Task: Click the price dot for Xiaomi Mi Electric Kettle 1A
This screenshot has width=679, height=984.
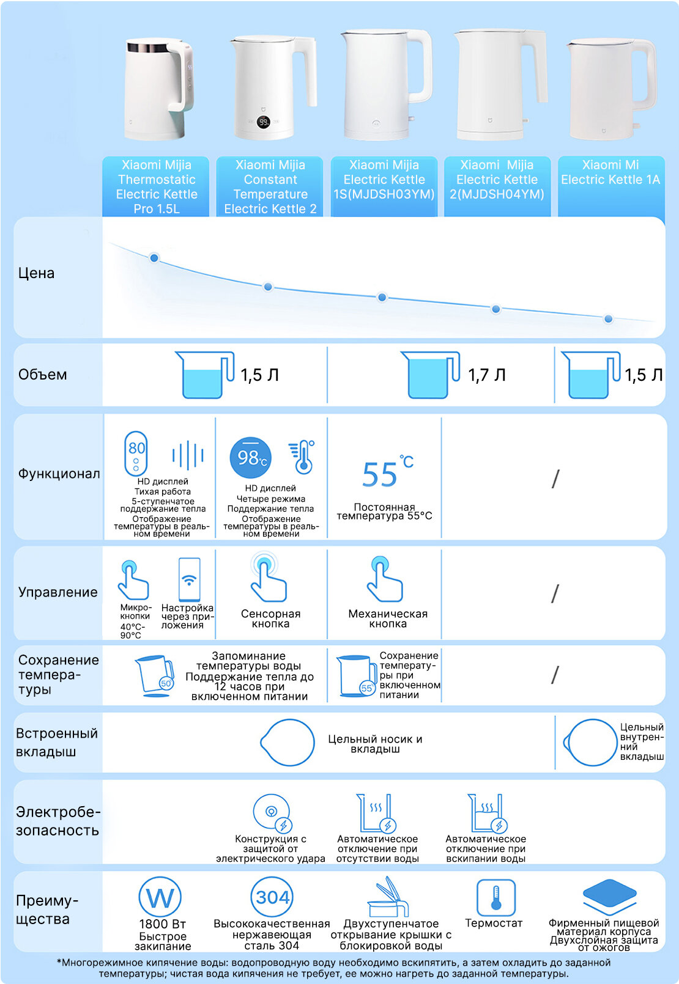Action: point(608,318)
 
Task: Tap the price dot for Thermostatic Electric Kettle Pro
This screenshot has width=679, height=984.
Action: point(154,258)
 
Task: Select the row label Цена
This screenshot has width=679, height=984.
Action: point(36,273)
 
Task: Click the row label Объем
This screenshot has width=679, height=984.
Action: point(42,375)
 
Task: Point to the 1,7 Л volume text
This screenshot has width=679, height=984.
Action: point(487,375)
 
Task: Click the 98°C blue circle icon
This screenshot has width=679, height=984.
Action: point(250,457)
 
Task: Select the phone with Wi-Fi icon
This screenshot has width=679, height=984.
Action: point(189,579)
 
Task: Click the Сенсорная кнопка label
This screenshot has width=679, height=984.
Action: point(270,619)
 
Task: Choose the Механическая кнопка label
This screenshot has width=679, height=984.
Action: point(388,619)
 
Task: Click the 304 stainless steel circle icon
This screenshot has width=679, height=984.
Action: point(272,897)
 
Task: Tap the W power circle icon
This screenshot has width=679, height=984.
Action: point(160,898)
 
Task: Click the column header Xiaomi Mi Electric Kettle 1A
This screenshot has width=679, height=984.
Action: point(610,172)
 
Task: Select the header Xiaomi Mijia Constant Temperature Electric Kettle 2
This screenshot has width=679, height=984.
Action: point(270,186)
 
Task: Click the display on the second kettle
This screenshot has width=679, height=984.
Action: point(263,122)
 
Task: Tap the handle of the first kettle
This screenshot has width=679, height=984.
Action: point(183,76)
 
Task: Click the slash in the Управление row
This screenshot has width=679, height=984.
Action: point(555,593)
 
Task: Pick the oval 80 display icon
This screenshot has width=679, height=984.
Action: point(136,453)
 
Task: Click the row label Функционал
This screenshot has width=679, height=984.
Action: point(59,474)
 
